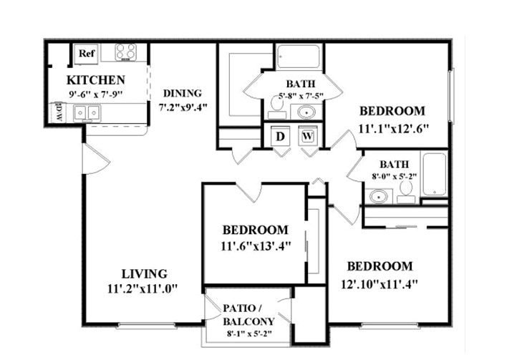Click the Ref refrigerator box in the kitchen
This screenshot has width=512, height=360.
pyautogui.click(x=87, y=54)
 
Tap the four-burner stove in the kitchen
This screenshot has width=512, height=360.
pyautogui.click(x=126, y=52)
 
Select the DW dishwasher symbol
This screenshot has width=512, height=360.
pyautogui.click(x=57, y=112)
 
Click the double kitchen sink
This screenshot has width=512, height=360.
pyautogui.click(x=87, y=113)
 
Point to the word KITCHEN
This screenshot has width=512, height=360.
pyautogui.click(x=96, y=80)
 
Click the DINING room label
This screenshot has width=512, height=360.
pyautogui.click(x=183, y=93)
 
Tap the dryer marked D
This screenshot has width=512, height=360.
pyautogui.click(x=280, y=137)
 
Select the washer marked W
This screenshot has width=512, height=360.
pyautogui.click(x=308, y=136)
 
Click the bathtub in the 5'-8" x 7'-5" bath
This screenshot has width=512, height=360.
pyautogui.click(x=298, y=56)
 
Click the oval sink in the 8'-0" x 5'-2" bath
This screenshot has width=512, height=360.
pyautogui.click(x=379, y=197)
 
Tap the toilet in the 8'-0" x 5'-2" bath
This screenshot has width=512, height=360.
pyautogui.click(x=406, y=193)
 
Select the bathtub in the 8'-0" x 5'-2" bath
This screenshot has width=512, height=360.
pyautogui.click(x=434, y=175)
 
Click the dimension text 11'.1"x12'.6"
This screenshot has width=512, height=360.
pyautogui.click(x=393, y=129)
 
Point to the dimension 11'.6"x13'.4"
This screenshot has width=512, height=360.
pyautogui.click(x=256, y=245)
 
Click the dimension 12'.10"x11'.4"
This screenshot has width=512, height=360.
pyautogui.click(x=380, y=284)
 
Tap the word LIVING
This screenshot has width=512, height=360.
pyautogui.click(x=145, y=273)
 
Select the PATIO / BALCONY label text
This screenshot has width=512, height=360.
pyautogui.click(x=248, y=315)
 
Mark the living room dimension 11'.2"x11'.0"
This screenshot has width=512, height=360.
pyautogui.click(x=143, y=288)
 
